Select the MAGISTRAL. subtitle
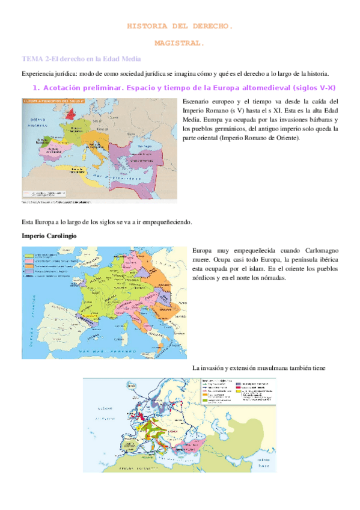point(179,43)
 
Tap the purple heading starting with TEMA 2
point(81,59)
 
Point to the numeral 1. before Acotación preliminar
point(35,88)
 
